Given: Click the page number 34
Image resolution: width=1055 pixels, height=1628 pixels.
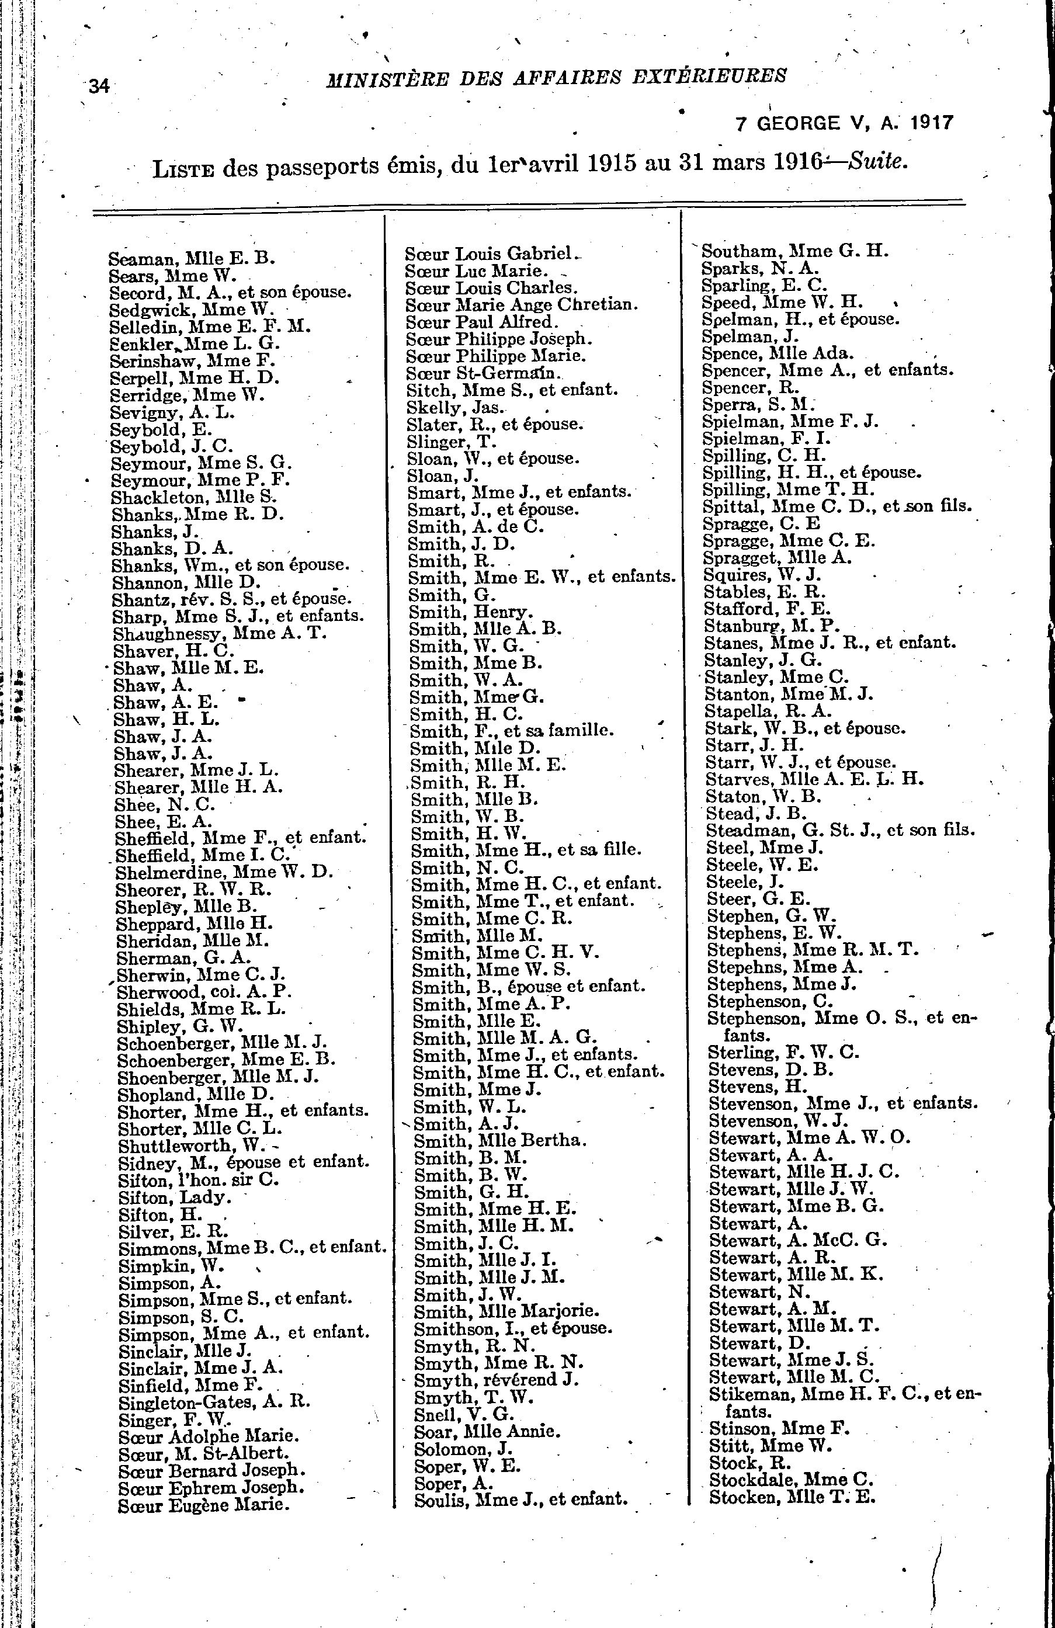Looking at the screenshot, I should tap(99, 86).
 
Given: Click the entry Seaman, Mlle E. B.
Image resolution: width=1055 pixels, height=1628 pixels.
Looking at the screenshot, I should tap(192, 259).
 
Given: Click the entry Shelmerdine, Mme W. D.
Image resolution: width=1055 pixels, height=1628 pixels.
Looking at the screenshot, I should tap(224, 872).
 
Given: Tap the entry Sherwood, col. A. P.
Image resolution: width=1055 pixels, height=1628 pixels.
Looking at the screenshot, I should tap(204, 992).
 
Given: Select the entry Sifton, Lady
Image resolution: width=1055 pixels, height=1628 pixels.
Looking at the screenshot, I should tap(175, 1197).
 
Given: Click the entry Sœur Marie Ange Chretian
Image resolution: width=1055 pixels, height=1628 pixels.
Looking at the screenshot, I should tap(520, 305).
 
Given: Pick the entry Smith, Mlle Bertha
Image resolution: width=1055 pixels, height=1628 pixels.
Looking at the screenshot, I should tap(500, 1140).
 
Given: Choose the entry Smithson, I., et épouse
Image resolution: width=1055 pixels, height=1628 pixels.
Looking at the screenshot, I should tap(513, 1328).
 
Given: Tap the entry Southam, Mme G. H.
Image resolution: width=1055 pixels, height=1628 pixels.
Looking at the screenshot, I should tap(795, 251).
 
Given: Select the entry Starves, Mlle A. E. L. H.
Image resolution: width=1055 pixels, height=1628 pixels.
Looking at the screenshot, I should tap(814, 779).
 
